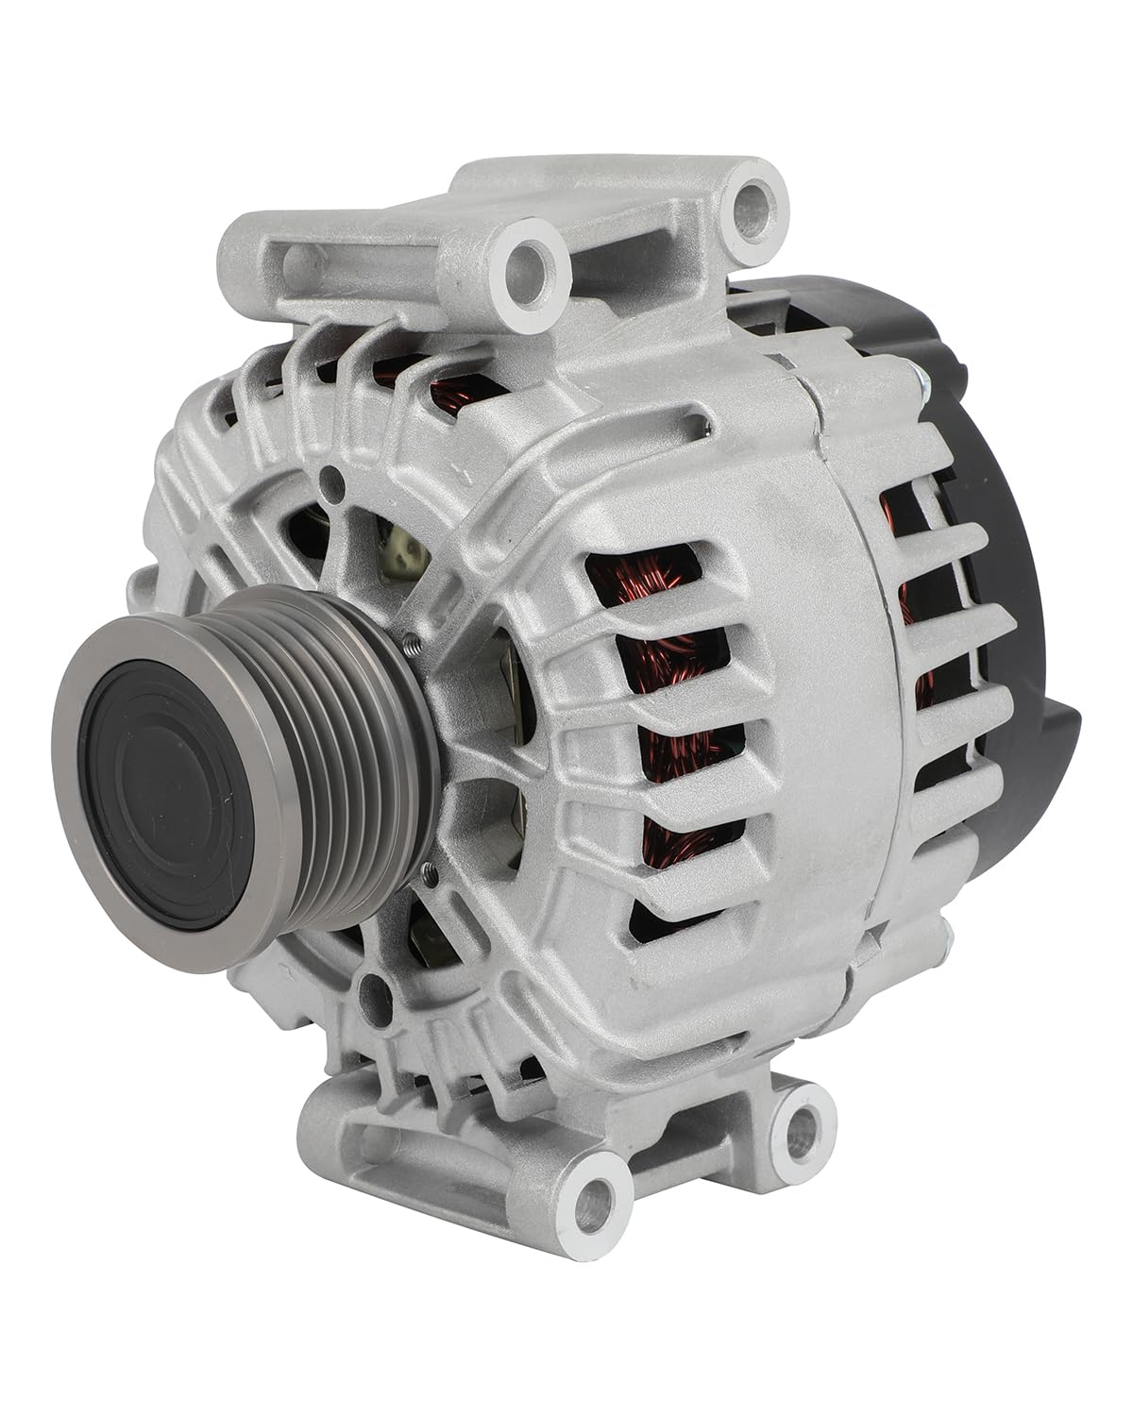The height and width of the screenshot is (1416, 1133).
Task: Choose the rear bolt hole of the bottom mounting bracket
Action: pyautogui.click(x=803, y=1122)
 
